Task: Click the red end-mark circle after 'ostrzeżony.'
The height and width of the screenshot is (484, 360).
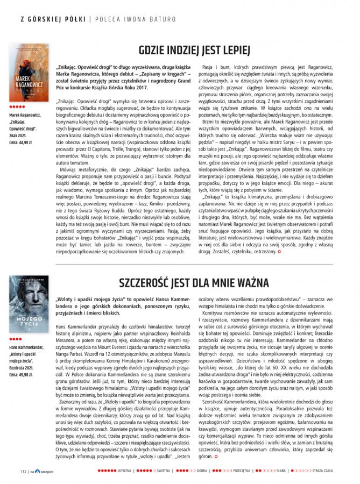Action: click(279, 252)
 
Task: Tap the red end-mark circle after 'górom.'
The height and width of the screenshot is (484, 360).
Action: click(216, 457)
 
